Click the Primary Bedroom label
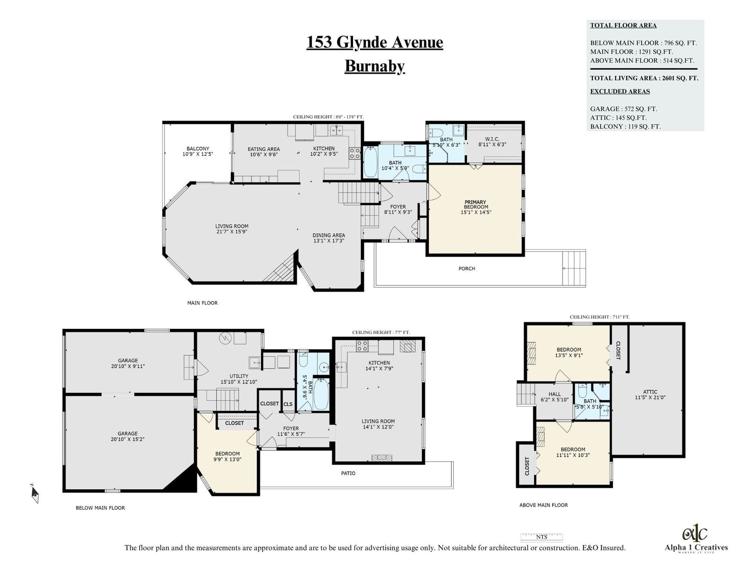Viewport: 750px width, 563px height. (x=476, y=205)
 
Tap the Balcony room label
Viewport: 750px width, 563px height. (x=197, y=149)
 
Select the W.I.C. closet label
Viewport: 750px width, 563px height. (x=492, y=139)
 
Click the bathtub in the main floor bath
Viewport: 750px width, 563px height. (x=370, y=162)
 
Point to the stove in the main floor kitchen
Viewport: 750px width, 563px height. (x=354, y=153)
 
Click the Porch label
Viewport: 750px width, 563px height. (x=467, y=268)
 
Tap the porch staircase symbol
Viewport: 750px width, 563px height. (x=574, y=268)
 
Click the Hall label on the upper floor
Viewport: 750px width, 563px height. (x=554, y=394)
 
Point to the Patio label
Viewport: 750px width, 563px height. (x=348, y=473)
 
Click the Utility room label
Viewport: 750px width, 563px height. (x=239, y=376)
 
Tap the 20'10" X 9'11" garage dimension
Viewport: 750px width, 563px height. (x=128, y=366)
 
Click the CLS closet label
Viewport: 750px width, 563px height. (x=288, y=404)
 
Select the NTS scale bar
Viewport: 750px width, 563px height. (x=541, y=537)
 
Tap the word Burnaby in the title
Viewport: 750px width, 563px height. (x=375, y=66)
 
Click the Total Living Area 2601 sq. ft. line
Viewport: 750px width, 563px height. (x=644, y=78)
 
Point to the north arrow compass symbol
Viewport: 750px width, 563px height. (x=35, y=493)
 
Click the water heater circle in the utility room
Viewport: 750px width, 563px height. (x=225, y=338)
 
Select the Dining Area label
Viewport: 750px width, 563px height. (x=329, y=235)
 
